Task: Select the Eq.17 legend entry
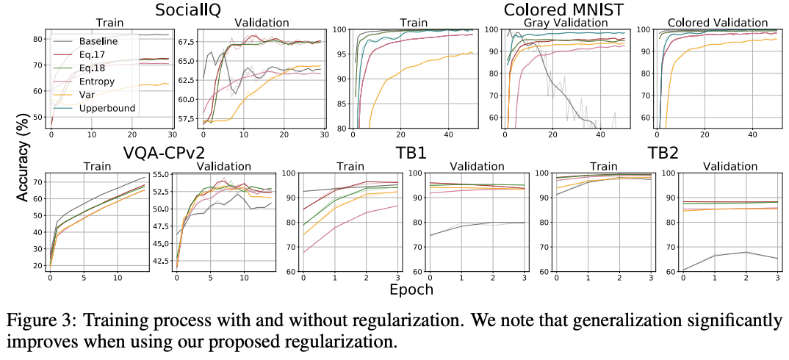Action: pos(94,56)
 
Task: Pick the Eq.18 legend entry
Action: pos(94,69)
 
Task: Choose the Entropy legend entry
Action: pos(97,82)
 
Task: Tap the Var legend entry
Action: pos(90,95)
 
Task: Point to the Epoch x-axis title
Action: pos(411,289)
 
